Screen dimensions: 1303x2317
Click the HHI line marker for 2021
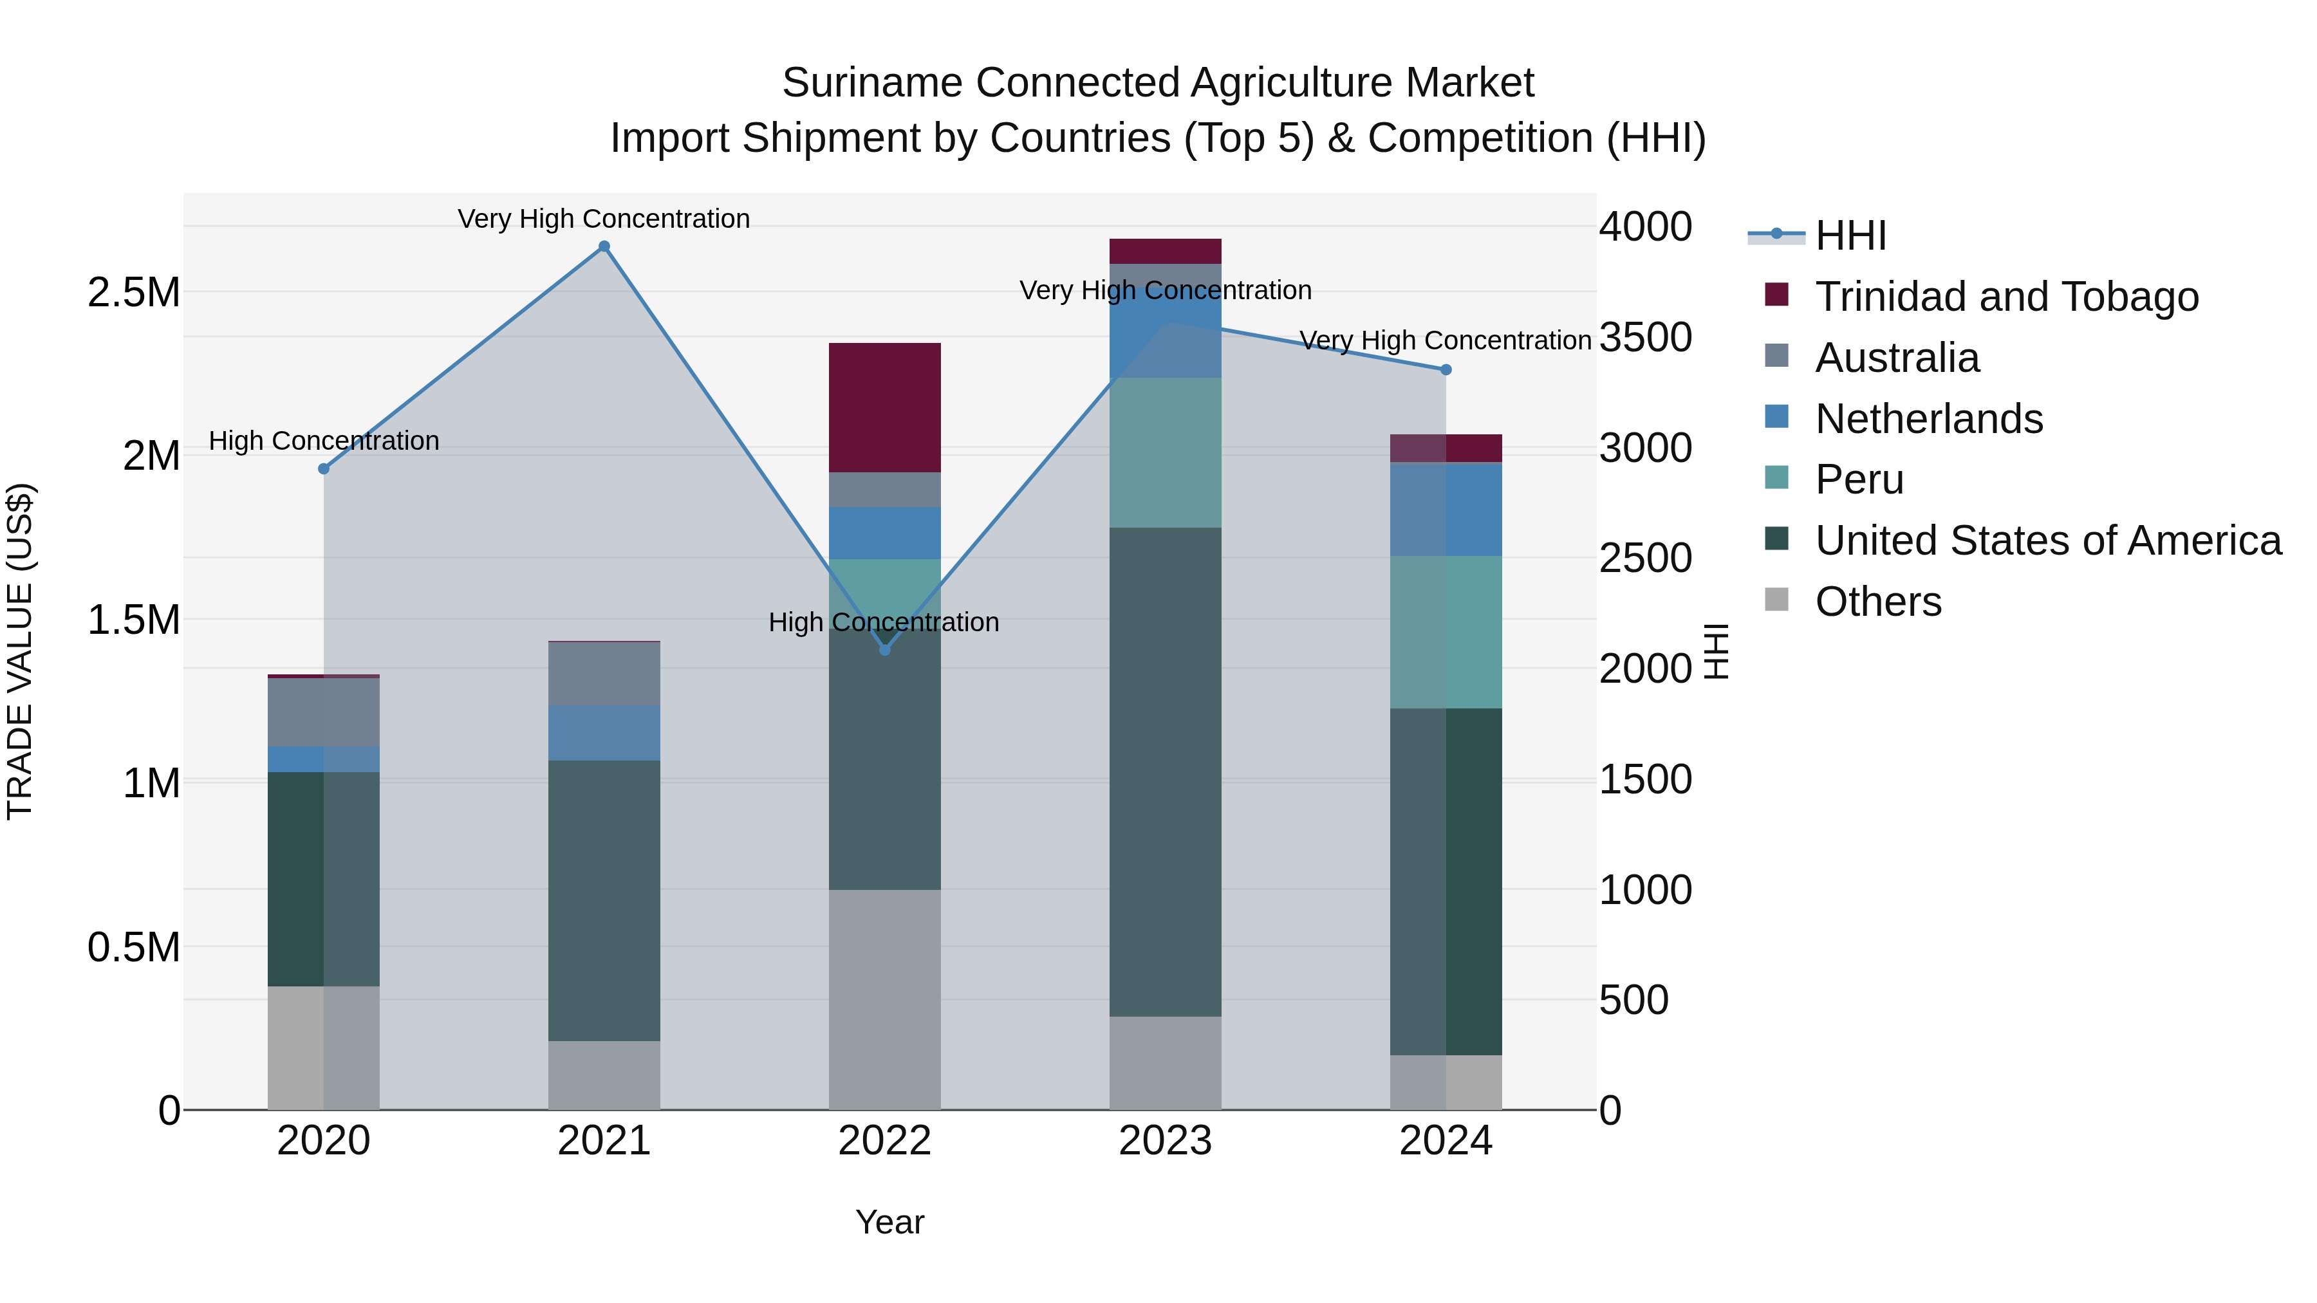(x=604, y=247)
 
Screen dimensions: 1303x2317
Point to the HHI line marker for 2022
(x=885, y=649)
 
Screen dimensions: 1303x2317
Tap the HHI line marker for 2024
(x=1446, y=369)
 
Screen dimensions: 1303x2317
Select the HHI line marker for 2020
(x=324, y=468)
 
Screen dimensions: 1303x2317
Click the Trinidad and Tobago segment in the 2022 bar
(x=885, y=407)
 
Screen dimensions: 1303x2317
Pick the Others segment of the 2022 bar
(x=885, y=999)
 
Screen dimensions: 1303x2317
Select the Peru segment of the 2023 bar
(x=1166, y=452)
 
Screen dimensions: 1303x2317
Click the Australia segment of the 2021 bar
(x=604, y=674)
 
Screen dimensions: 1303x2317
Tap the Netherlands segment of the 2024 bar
(x=1446, y=509)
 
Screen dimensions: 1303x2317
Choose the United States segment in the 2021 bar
(x=604, y=900)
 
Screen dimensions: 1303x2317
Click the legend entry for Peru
(x=1859, y=479)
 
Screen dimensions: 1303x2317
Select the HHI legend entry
(x=1850, y=236)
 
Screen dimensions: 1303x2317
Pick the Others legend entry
(x=1878, y=602)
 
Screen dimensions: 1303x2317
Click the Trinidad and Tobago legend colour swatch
(x=1776, y=294)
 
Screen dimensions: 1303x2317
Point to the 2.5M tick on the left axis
(x=133, y=292)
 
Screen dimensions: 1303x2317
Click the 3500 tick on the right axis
(x=1645, y=337)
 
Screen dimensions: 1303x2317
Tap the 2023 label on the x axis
(x=1166, y=1141)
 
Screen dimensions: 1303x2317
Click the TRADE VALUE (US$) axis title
(x=20, y=651)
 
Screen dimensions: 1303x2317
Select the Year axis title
(x=889, y=1222)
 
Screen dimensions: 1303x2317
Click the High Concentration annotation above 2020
(x=324, y=441)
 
